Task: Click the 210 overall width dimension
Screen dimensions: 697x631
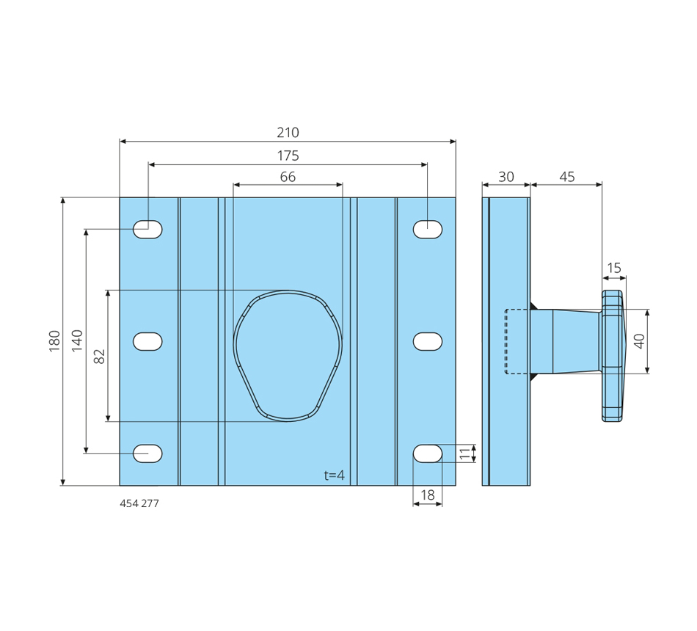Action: (288, 133)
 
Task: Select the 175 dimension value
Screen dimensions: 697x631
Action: (288, 156)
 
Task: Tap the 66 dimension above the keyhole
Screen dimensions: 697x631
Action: (288, 177)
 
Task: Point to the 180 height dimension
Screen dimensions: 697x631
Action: (54, 341)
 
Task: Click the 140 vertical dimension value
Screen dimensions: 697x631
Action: (77, 340)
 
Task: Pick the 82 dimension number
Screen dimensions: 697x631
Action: (100, 356)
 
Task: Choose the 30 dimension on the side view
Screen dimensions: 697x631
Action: (506, 177)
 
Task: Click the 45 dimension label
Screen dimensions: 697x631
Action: (566, 177)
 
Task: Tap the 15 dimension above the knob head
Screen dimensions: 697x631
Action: (614, 268)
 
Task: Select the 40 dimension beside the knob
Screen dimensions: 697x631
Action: (639, 341)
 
